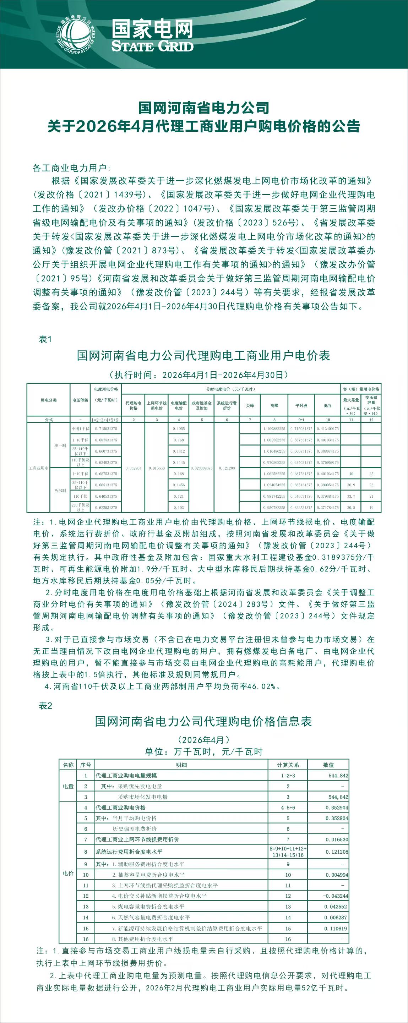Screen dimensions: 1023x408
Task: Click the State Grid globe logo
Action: pyautogui.click(x=76, y=34)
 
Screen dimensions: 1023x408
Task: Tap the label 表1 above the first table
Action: pyautogui.click(x=45, y=339)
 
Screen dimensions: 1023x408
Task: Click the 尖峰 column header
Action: pyautogui.click(x=250, y=405)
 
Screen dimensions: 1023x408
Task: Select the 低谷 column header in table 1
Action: pyautogui.click(x=328, y=405)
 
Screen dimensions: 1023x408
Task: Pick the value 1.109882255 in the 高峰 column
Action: pyautogui.click(x=274, y=429)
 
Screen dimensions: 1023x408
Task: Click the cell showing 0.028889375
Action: pyautogui.click(x=201, y=468)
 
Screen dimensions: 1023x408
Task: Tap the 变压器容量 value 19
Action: pyautogui.click(x=371, y=508)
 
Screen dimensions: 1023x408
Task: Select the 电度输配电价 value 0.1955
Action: pyautogui.click(x=179, y=429)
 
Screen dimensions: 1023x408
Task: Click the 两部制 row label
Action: pyautogui.click(x=60, y=491)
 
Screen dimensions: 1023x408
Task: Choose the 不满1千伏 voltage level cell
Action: pyautogui.click(x=80, y=429)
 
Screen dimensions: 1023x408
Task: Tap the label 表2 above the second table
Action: pyautogui.click(x=45, y=705)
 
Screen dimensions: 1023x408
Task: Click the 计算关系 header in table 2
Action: pyautogui.click(x=288, y=765)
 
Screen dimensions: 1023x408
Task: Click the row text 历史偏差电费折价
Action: pyautogui.click(x=135, y=829)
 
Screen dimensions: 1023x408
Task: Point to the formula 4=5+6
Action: pyautogui.click(x=288, y=807)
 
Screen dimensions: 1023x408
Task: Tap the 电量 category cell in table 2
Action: pyautogui.click(x=68, y=786)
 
